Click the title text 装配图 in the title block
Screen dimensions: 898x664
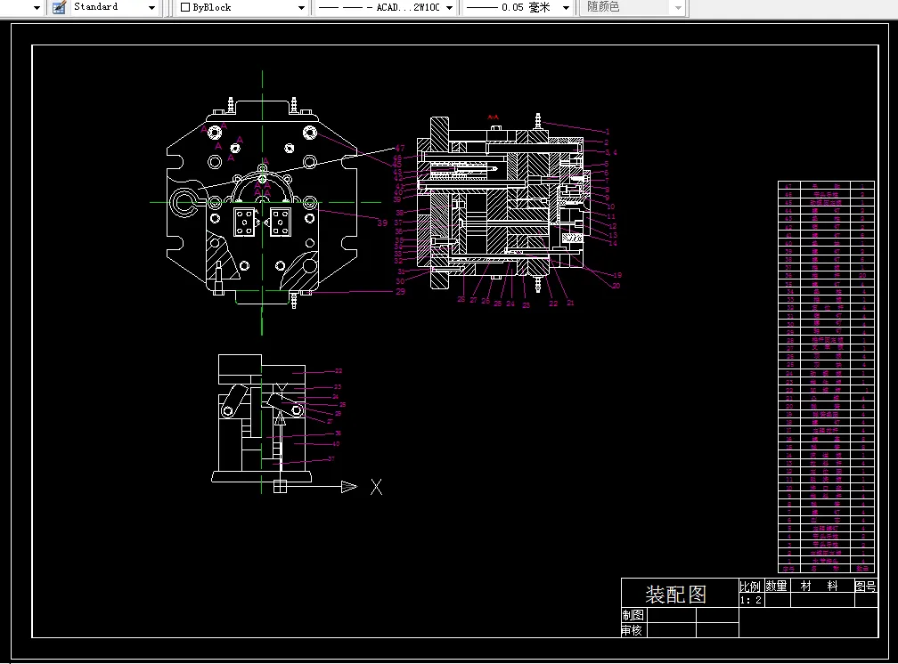click(675, 593)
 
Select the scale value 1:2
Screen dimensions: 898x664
click(750, 601)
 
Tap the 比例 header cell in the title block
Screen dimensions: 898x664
click(750, 586)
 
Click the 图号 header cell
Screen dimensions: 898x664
click(865, 586)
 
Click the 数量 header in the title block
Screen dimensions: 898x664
click(777, 586)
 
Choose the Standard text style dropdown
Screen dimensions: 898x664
click(104, 7)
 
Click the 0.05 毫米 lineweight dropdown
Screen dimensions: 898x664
click(518, 7)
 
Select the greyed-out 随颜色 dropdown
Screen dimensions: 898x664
click(633, 7)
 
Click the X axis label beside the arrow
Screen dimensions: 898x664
click(377, 487)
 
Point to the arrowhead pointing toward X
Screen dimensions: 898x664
click(348, 487)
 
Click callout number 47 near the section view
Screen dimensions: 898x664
click(399, 148)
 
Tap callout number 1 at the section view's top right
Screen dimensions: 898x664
click(607, 132)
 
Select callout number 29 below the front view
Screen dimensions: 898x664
click(400, 292)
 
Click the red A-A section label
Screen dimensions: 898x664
click(492, 117)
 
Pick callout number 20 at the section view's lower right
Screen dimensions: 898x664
click(616, 286)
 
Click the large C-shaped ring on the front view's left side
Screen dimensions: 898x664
click(186, 201)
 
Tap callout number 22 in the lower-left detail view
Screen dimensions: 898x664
click(339, 371)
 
